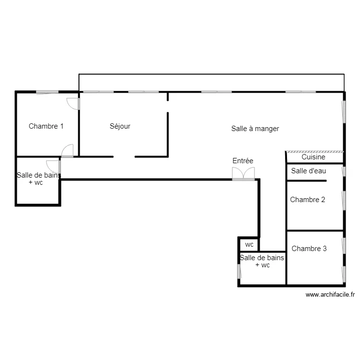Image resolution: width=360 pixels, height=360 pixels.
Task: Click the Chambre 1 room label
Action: (x=46, y=126)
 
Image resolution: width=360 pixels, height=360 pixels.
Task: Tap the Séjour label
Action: (x=120, y=126)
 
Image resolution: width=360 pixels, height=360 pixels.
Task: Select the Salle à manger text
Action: (x=255, y=129)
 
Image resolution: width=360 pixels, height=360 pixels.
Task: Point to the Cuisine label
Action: (x=313, y=157)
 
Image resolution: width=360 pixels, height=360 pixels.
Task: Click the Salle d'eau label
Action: (x=309, y=171)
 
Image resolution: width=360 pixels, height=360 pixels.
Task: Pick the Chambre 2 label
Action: (x=308, y=200)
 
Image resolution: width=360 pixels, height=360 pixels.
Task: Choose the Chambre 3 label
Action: (x=309, y=249)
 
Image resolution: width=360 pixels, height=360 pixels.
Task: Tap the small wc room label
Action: (x=249, y=245)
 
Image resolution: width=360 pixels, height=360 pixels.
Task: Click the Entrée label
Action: (x=243, y=161)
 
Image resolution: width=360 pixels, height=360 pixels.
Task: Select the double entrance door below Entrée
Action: (x=243, y=174)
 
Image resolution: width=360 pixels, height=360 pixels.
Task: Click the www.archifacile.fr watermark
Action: (x=330, y=295)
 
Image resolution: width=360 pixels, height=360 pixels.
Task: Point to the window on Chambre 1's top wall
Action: (x=48, y=92)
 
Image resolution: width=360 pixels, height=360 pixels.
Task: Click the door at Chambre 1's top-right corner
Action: (x=73, y=104)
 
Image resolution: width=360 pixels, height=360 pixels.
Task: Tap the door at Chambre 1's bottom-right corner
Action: (x=68, y=151)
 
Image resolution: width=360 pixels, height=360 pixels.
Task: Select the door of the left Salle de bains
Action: (x=53, y=167)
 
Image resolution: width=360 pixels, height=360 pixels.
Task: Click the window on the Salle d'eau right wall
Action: (x=344, y=171)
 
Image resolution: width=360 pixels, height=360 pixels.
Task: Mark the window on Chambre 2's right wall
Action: (x=344, y=201)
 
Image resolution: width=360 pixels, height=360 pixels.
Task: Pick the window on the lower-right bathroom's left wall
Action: (x=239, y=271)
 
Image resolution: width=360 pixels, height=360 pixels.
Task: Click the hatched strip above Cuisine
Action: (x=314, y=152)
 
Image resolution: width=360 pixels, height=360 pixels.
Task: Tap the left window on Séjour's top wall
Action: (x=98, y=92)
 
